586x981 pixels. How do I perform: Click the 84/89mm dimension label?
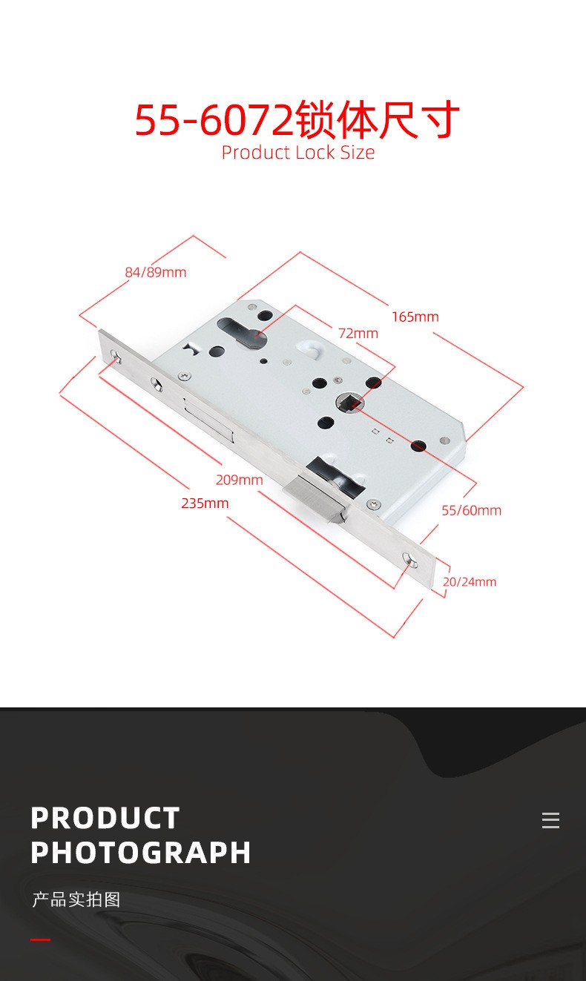[156, 272]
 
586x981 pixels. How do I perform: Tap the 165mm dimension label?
[415, 317]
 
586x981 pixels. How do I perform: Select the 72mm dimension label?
[358, 333]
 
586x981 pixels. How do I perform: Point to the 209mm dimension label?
[239, 480]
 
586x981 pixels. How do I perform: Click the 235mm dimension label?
[205, 503]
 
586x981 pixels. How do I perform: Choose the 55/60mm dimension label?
[471, 511]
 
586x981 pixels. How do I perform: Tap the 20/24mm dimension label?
[470, 582]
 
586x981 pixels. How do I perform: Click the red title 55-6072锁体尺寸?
[297, 119]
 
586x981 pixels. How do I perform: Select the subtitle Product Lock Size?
[297, 153]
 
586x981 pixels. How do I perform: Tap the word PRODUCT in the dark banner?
[105, 818]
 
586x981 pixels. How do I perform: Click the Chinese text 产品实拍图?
[76, 899]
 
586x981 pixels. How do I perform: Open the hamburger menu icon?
[550, 820]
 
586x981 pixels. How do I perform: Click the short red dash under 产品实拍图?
[40, 939]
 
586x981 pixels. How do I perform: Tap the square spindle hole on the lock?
[350, 402]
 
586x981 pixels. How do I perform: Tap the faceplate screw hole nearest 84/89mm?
[115, 356]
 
